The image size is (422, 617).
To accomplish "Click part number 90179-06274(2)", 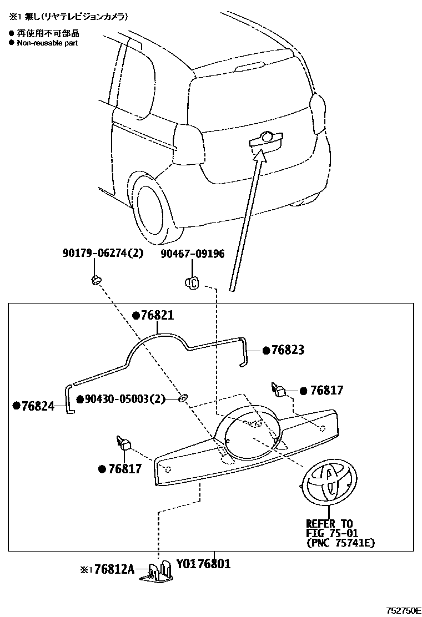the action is pos(103,253).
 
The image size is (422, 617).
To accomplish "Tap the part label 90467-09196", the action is pos(192,254).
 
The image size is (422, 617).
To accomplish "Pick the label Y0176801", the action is pos(203,564).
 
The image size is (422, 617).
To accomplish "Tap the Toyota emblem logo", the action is pos(329,482).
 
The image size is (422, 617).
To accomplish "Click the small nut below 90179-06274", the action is pos(96,280).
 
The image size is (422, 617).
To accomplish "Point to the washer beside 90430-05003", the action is pos(183,398).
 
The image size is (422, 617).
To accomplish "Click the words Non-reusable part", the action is pos(47,43).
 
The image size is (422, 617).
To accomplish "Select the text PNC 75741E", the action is pos(340,543).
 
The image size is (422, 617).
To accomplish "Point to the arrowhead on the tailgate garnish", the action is pos(260,154).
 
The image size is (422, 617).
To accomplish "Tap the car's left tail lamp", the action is pos(189,144).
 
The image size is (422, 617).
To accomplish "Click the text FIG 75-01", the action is pos(332,534).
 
